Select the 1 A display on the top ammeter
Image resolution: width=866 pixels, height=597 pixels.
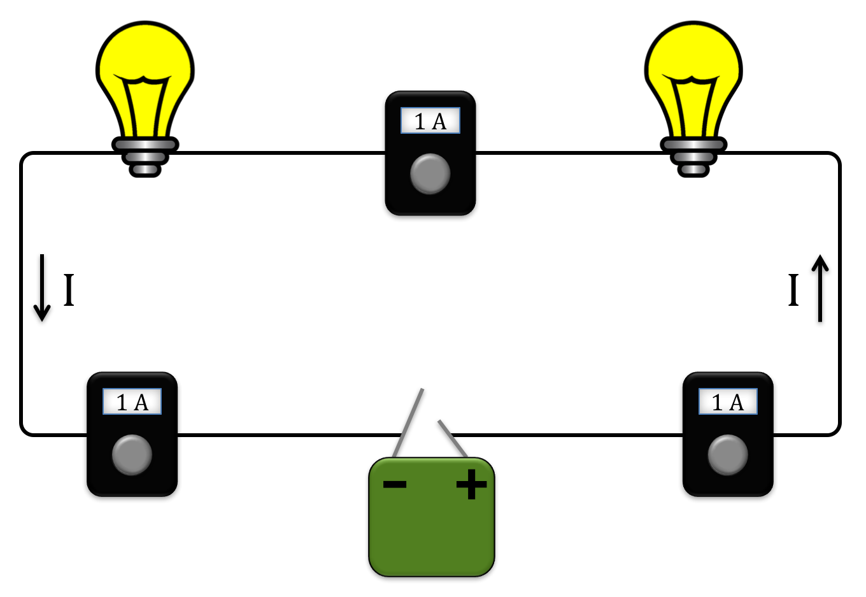click(x=430, y=121)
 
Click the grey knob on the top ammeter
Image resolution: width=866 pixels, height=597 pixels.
click(x=430, y=173)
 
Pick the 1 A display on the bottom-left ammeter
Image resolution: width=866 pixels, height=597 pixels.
click(x=132, y=402)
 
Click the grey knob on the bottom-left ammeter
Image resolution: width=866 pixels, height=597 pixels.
click(x=132, y=455)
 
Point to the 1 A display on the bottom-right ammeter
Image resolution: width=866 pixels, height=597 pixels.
click(x=728, y=402)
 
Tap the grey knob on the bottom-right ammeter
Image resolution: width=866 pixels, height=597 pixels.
click(x=728, y=455)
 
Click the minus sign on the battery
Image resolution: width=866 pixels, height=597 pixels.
click(x=395, y=485)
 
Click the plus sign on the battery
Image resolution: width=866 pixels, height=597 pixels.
click(x=472, y=485)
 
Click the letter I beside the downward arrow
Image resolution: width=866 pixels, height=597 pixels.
click(x=69, y=291)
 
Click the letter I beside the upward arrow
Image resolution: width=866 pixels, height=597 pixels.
click(x=793, y=291)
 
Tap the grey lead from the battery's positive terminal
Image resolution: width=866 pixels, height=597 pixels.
click(x=453, y=438)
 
